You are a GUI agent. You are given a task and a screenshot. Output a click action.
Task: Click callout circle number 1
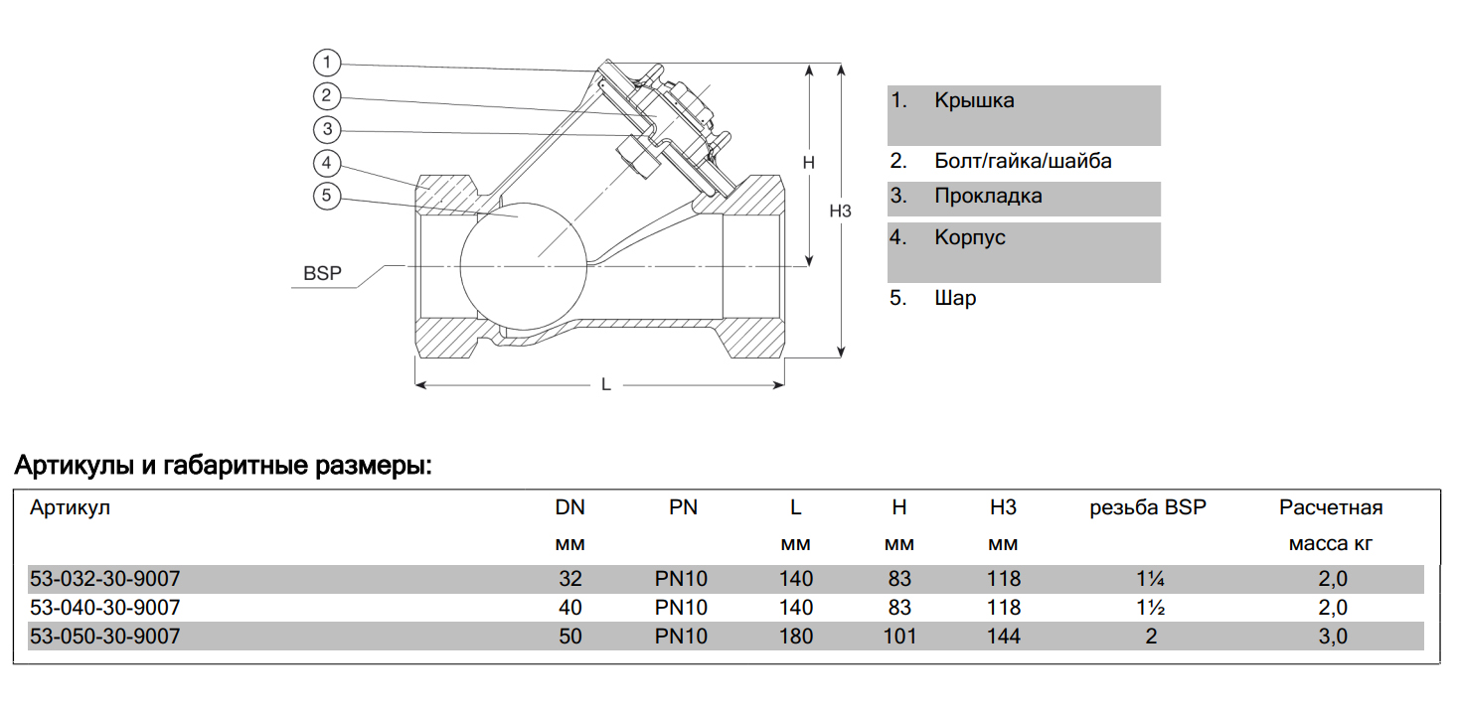(x=327, y=63)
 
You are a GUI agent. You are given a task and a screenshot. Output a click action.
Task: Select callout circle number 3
(x=327, y=129)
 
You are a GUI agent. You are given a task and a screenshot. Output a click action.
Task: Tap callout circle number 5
(x=327, y=196)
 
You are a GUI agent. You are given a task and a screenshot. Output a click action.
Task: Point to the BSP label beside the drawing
(x=322, y=273)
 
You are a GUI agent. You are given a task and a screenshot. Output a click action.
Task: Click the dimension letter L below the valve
(x=605, y=385)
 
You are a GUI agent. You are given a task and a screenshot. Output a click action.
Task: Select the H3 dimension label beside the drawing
(x=841, y=211)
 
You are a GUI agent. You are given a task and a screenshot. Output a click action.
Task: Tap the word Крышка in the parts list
(x=973, y=100)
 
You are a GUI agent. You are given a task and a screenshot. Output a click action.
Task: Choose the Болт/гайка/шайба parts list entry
(x=1023, y=161)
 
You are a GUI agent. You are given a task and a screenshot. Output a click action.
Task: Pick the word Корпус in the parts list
(x=969, y=238)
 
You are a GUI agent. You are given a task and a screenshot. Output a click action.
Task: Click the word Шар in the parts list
(x=955, y=298)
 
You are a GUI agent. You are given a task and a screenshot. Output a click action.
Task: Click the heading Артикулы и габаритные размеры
(x=222, y=465)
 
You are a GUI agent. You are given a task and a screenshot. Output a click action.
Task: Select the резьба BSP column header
(x=1148, y=508)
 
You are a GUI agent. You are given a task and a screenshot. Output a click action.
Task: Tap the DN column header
(x=569, y=508)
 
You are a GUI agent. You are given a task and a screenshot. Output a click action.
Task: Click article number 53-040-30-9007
(x=105, y=607)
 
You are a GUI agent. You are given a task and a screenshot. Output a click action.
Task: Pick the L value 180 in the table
(x=796, y=637)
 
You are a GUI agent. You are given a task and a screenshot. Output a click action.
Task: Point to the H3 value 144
(x=1004, y=637)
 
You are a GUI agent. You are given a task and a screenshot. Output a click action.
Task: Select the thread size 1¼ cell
(x=1151, y=579)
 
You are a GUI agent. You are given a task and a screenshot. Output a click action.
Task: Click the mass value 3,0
(x=1333, y=637)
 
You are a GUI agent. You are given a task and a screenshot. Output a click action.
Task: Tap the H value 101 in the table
(x=898, y=637)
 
